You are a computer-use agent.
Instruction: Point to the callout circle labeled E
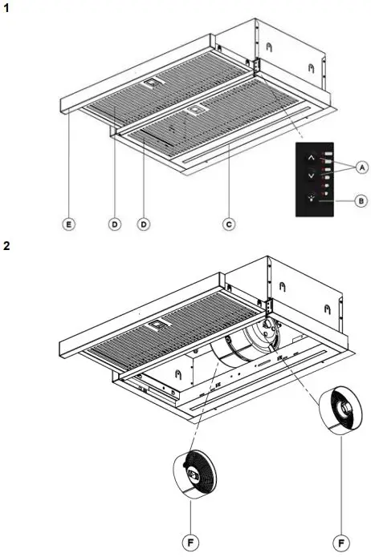coord(69,226)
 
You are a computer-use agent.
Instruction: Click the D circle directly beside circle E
coord(115,226)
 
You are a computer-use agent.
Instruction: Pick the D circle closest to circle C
coord(145,226)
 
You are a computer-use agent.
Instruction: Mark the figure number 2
coord(6,245)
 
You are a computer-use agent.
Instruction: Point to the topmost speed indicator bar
coord(328,151)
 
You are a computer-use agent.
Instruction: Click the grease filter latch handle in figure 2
coord(153,326)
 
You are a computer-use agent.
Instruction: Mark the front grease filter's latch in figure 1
coord(195,110)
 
